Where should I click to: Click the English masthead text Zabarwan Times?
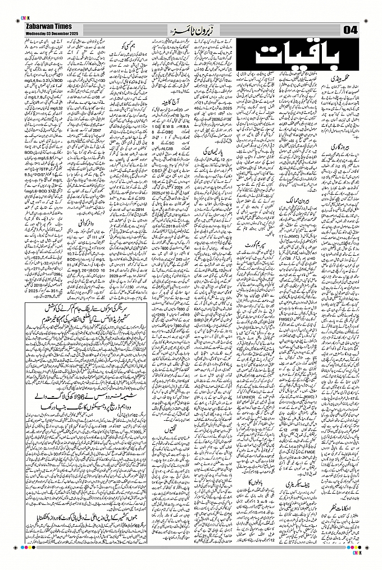click(44, 27)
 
